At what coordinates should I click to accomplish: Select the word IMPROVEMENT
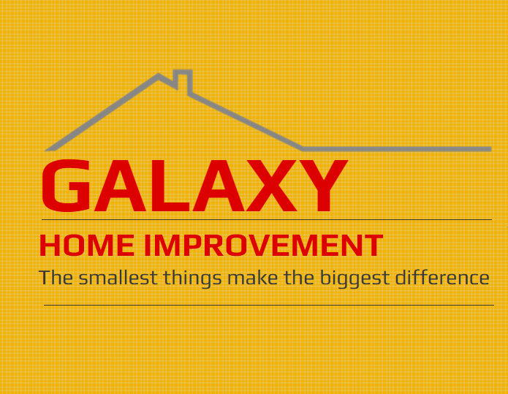[263, 246]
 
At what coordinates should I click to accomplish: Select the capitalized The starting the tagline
[56, 279]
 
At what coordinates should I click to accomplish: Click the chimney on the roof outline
[183, 80]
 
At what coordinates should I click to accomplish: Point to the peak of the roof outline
[159, 75]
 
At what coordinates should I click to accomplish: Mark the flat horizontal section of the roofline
[395, 149]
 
